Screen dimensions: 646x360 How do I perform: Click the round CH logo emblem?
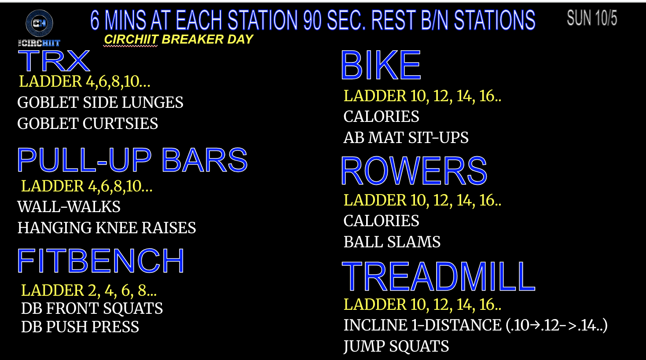click(x=39, y=23)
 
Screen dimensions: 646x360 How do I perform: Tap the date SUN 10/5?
click(x=592, y=18)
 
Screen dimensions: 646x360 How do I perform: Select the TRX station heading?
click(x=54, y=61)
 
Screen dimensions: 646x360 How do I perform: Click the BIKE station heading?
click(x=381, y=65)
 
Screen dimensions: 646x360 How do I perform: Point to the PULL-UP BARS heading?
click(x=132, y=160)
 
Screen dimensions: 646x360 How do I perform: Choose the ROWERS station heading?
click(x=414, y=170)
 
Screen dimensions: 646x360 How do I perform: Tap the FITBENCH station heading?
click(x=101, y=261)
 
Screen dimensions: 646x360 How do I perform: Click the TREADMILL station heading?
click(x=438, y=276)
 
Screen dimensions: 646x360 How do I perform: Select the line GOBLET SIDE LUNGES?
click(x=100, y=103)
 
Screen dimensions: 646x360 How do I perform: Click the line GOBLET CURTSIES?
click(x=88, y=124)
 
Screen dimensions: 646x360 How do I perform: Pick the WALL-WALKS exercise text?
click(x=69, y=207)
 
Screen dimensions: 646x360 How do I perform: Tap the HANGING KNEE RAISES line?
click(x=106, y=228)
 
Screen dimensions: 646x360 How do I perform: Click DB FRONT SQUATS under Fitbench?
click(x=92, y=309)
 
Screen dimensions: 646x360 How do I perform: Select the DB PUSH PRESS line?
click(x=80, y=327)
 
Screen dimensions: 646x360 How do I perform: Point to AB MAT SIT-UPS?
click(x=406, y=138)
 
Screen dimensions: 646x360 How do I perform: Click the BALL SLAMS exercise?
click(x=392, y=242)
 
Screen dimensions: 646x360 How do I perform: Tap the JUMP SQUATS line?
click(x=396, y=346)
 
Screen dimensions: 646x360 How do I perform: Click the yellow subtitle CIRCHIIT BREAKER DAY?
click(x=179, y=39)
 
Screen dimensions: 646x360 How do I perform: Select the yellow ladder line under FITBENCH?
click(x=89, y=290)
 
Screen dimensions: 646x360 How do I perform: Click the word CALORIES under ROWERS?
click(x=381, y=221)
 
